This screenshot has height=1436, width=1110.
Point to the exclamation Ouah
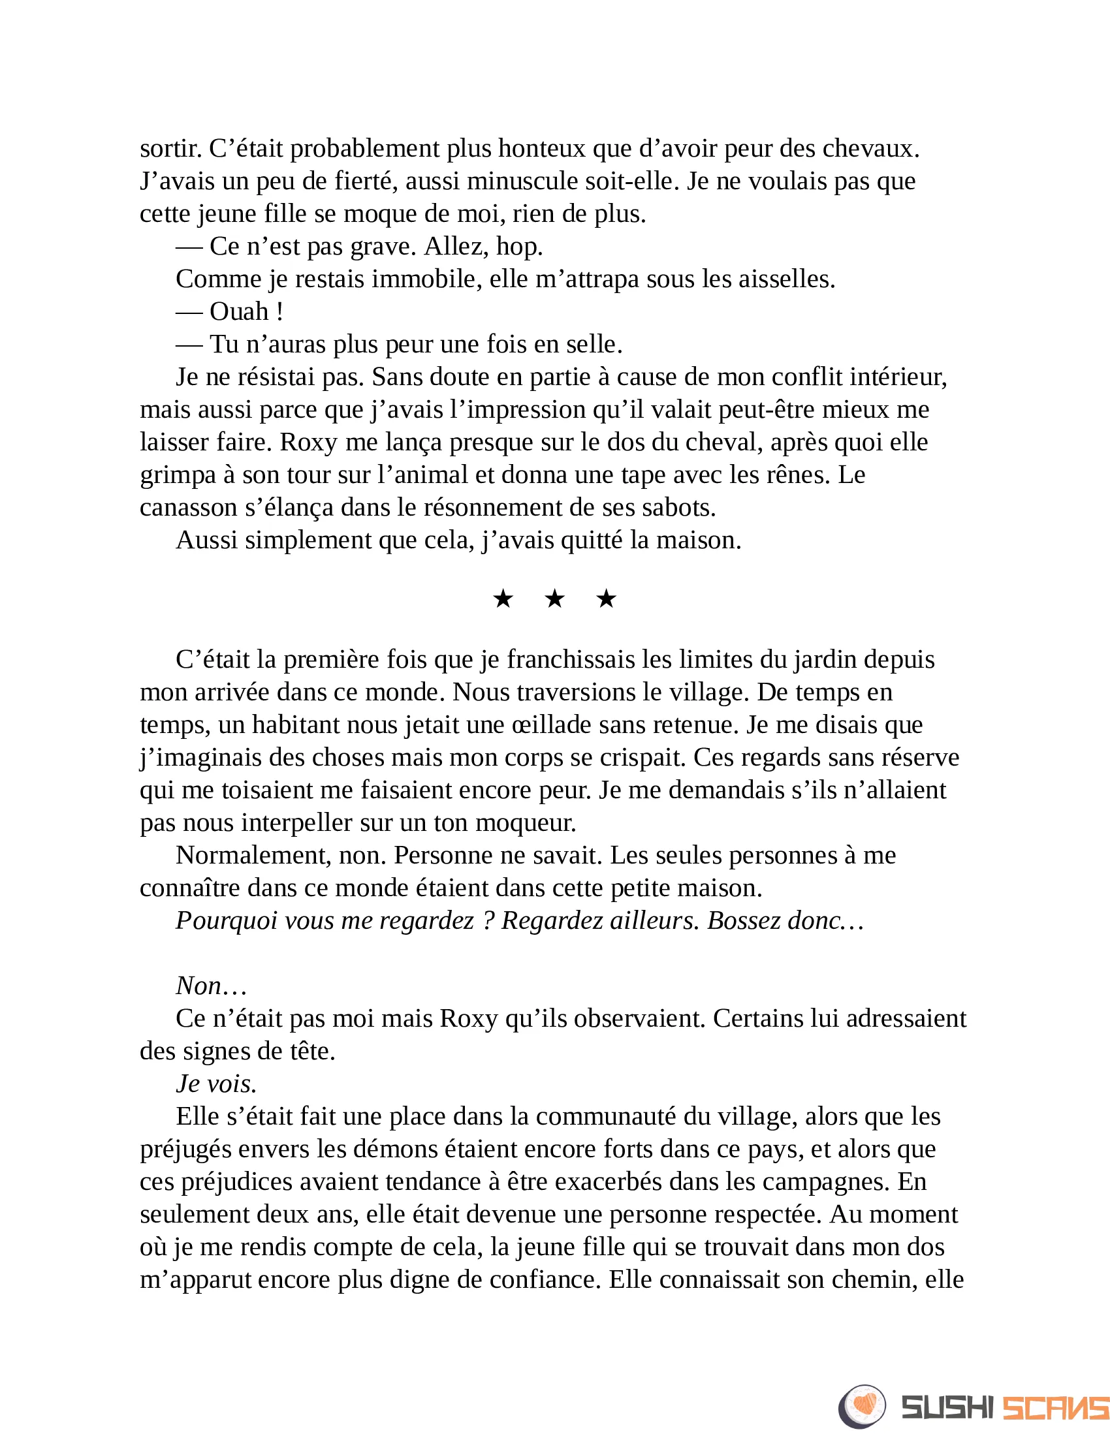click(x=240, y=311)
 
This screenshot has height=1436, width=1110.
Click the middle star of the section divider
click(x=555, y=599)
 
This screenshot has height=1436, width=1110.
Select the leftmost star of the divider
click(x=503, y=599)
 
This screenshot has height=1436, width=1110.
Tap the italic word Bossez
click(x=744, y=920)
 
